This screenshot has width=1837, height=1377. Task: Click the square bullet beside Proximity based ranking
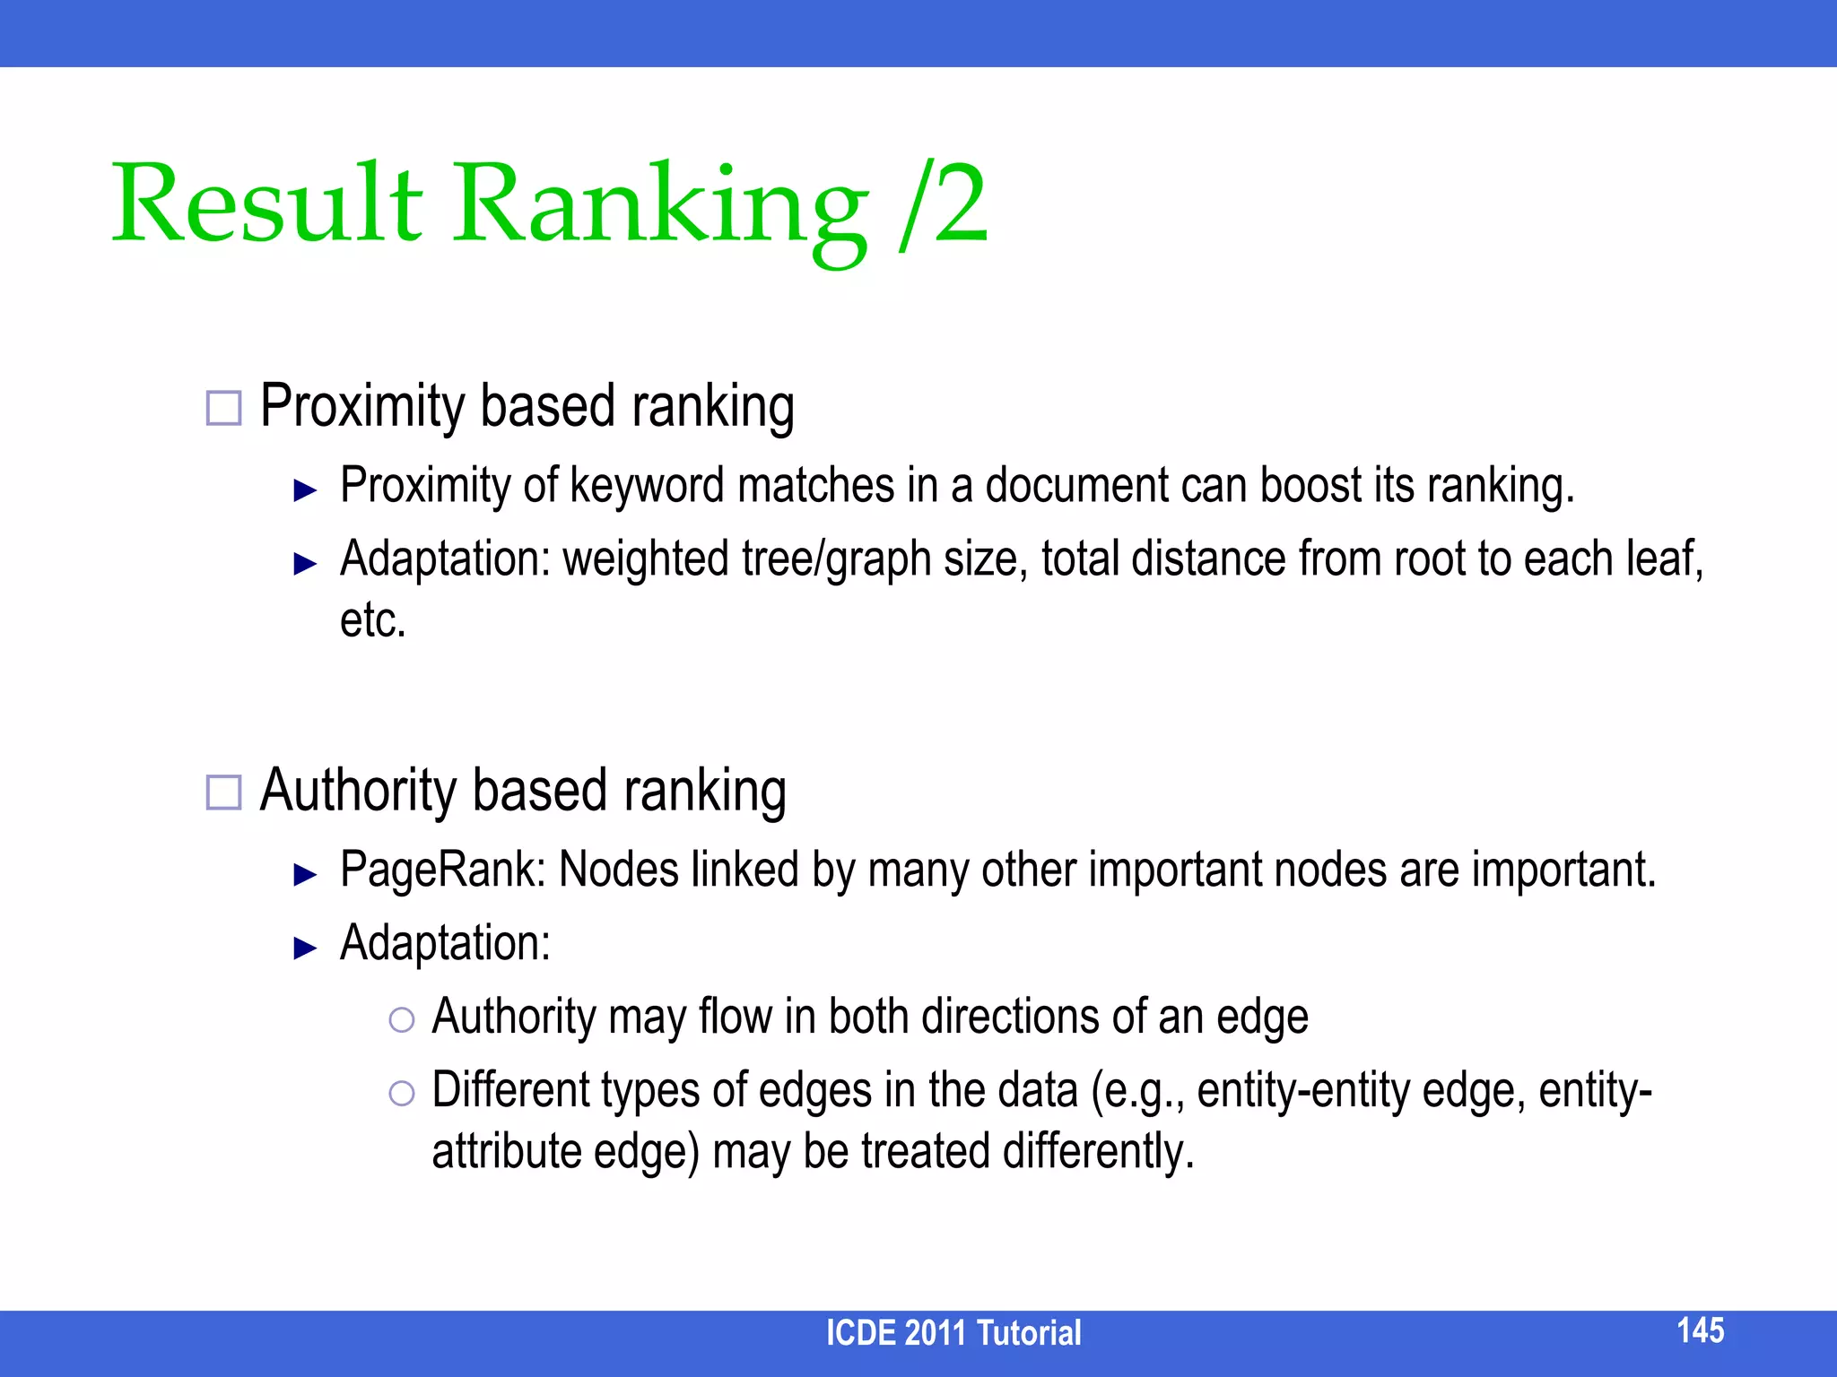coord(223,408)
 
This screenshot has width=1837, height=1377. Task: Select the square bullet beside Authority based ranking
coord(223,792)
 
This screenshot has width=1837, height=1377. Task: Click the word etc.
coord(372,620)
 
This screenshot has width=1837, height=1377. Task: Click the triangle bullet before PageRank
coord(306,874)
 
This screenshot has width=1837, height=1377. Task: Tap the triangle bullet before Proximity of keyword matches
coord(306,490)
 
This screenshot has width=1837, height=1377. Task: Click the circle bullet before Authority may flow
coord(402,1019)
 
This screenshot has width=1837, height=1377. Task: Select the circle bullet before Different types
coord(402,1093)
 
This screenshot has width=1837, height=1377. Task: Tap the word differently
coord(1098,1151)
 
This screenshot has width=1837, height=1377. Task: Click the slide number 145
coord(1700,1330)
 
